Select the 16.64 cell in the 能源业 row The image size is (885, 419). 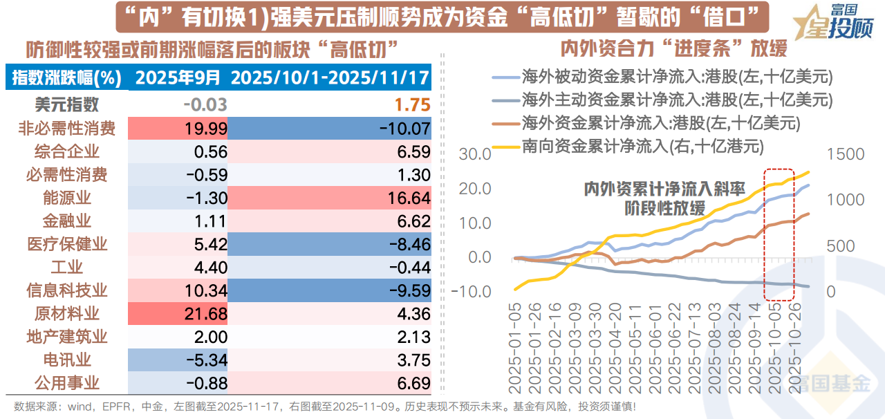pos(328,198)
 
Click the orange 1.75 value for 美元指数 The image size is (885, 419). pos(412,105)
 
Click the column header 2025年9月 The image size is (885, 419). pos(178,77)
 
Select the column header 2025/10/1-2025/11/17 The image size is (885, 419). pos(330,77)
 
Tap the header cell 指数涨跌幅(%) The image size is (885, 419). pos(67,77)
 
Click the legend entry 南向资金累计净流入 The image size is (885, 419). pos(668,146)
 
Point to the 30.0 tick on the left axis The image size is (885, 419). pos(475,154)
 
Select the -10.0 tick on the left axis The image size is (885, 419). pos(472,291)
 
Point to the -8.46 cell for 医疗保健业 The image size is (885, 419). pos(328,244)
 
